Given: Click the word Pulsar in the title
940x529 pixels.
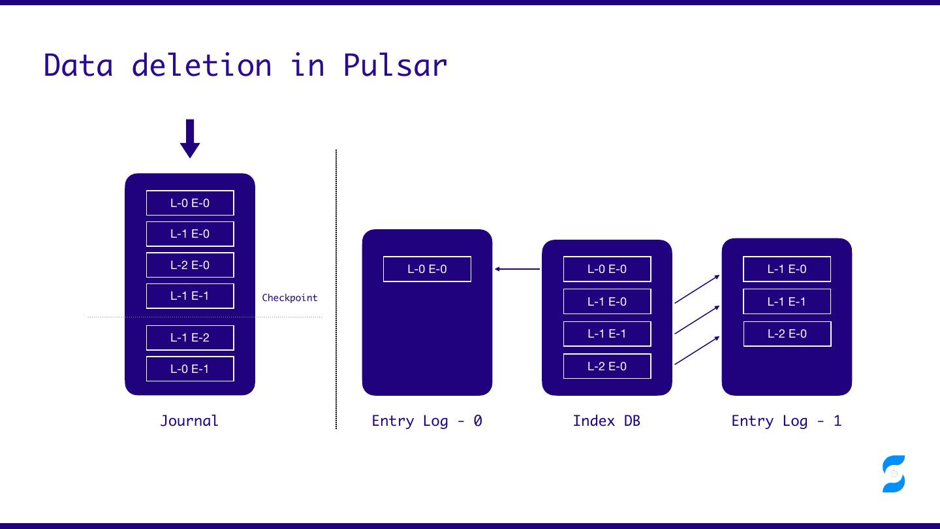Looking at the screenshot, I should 395,65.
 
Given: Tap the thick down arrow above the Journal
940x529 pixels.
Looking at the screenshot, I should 190,138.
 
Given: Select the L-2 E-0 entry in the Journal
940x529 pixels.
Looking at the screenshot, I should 190,265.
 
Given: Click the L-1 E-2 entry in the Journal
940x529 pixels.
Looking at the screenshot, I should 190,338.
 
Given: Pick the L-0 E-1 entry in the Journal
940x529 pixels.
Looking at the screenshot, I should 190,369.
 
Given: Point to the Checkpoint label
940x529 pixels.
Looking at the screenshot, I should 290,298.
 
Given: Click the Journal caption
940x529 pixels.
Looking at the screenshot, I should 189,421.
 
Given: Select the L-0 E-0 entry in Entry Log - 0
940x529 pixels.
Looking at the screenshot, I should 427,269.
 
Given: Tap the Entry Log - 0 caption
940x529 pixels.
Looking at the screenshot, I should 427,421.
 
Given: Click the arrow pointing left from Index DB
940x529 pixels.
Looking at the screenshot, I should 517,269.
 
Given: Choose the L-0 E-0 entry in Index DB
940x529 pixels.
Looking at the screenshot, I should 607,269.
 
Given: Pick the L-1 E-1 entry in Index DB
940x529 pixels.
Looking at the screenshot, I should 607,334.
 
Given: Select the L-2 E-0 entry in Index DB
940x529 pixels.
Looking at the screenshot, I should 607,366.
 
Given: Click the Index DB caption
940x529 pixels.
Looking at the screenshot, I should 606,421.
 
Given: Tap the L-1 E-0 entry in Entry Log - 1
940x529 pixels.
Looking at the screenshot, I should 787,269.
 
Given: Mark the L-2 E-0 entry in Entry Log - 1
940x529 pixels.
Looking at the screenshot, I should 787,334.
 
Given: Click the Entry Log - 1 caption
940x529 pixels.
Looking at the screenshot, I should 787,421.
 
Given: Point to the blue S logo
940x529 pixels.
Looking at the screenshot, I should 894,473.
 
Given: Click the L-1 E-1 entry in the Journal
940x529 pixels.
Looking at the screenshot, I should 190,296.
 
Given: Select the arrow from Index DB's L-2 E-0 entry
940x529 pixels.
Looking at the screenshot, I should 697,350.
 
